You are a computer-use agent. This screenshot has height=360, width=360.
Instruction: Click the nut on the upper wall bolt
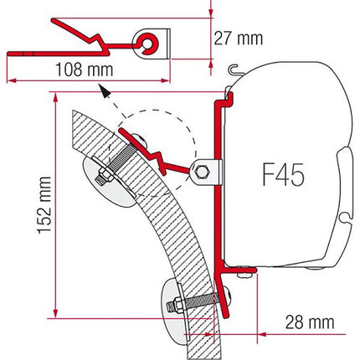pyautogui.click(x=106, y=175)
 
